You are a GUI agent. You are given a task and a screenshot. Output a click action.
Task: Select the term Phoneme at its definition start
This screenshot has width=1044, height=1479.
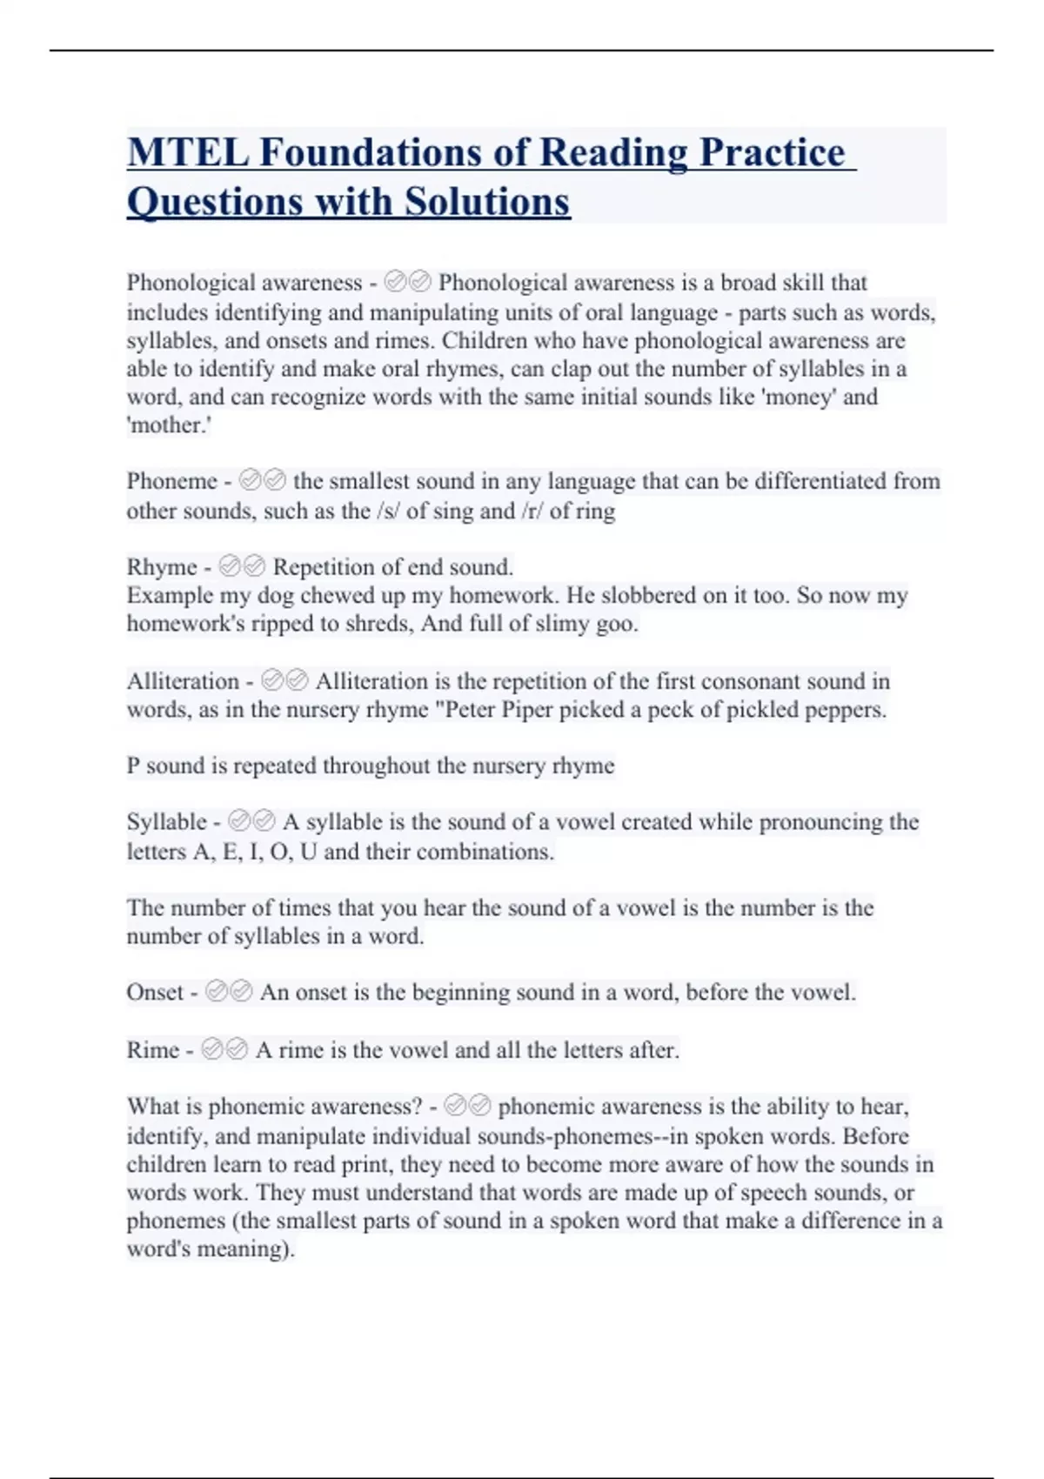(171, 481)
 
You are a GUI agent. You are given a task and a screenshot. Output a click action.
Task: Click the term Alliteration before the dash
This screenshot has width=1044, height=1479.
(183, 681)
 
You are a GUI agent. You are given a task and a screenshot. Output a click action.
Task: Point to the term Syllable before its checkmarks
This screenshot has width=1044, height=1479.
(167, 822)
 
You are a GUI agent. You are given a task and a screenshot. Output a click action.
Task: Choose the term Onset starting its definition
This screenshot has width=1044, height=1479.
(155, 993)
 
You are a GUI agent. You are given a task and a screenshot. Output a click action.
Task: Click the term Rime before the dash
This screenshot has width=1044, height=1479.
(152, 1050)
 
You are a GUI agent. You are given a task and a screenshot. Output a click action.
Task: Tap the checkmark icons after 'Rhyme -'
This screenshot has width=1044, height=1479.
(242, 567)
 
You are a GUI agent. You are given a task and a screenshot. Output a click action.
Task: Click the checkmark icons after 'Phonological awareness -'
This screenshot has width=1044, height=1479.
(407, 283)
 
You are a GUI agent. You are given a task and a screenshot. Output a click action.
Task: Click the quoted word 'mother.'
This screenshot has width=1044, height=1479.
(170, 425)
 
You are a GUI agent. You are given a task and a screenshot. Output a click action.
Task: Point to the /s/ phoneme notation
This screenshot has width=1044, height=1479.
(388, 511)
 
